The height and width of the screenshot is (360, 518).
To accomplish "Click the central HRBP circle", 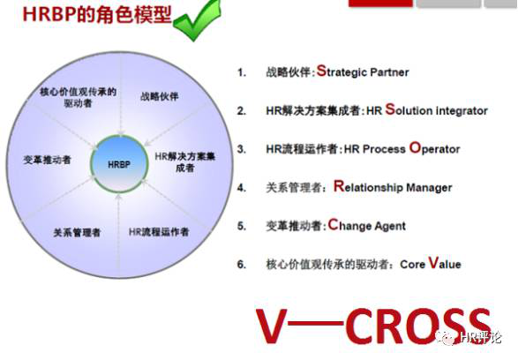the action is click(119, 164).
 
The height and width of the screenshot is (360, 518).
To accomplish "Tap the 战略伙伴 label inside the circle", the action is click(159, 96).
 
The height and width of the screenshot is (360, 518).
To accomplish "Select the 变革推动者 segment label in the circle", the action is click(47, 160).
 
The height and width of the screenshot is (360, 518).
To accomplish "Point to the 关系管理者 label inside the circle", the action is click(77, 232).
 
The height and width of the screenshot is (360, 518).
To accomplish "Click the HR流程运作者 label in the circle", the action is click(159, 232).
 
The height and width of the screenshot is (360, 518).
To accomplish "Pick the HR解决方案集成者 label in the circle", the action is click(185, 161).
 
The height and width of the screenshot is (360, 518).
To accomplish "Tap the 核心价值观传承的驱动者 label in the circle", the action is click(78, 97).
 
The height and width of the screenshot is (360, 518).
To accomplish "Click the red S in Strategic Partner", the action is click(321, 71).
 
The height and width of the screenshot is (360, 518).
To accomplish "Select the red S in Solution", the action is click(390, 109).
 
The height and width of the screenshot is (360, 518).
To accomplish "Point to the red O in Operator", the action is click(415, 147).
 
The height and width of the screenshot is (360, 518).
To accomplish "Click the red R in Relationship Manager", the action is click(339, 186).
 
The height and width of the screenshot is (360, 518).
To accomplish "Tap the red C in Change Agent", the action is click(334, 224).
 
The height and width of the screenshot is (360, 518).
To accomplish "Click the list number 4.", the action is click(242, 188).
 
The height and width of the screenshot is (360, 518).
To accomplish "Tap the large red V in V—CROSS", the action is click(271, 326).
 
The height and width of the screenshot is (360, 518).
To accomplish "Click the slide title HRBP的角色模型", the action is click(97, 14).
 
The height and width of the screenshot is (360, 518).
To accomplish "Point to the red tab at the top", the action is click(380, 3).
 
